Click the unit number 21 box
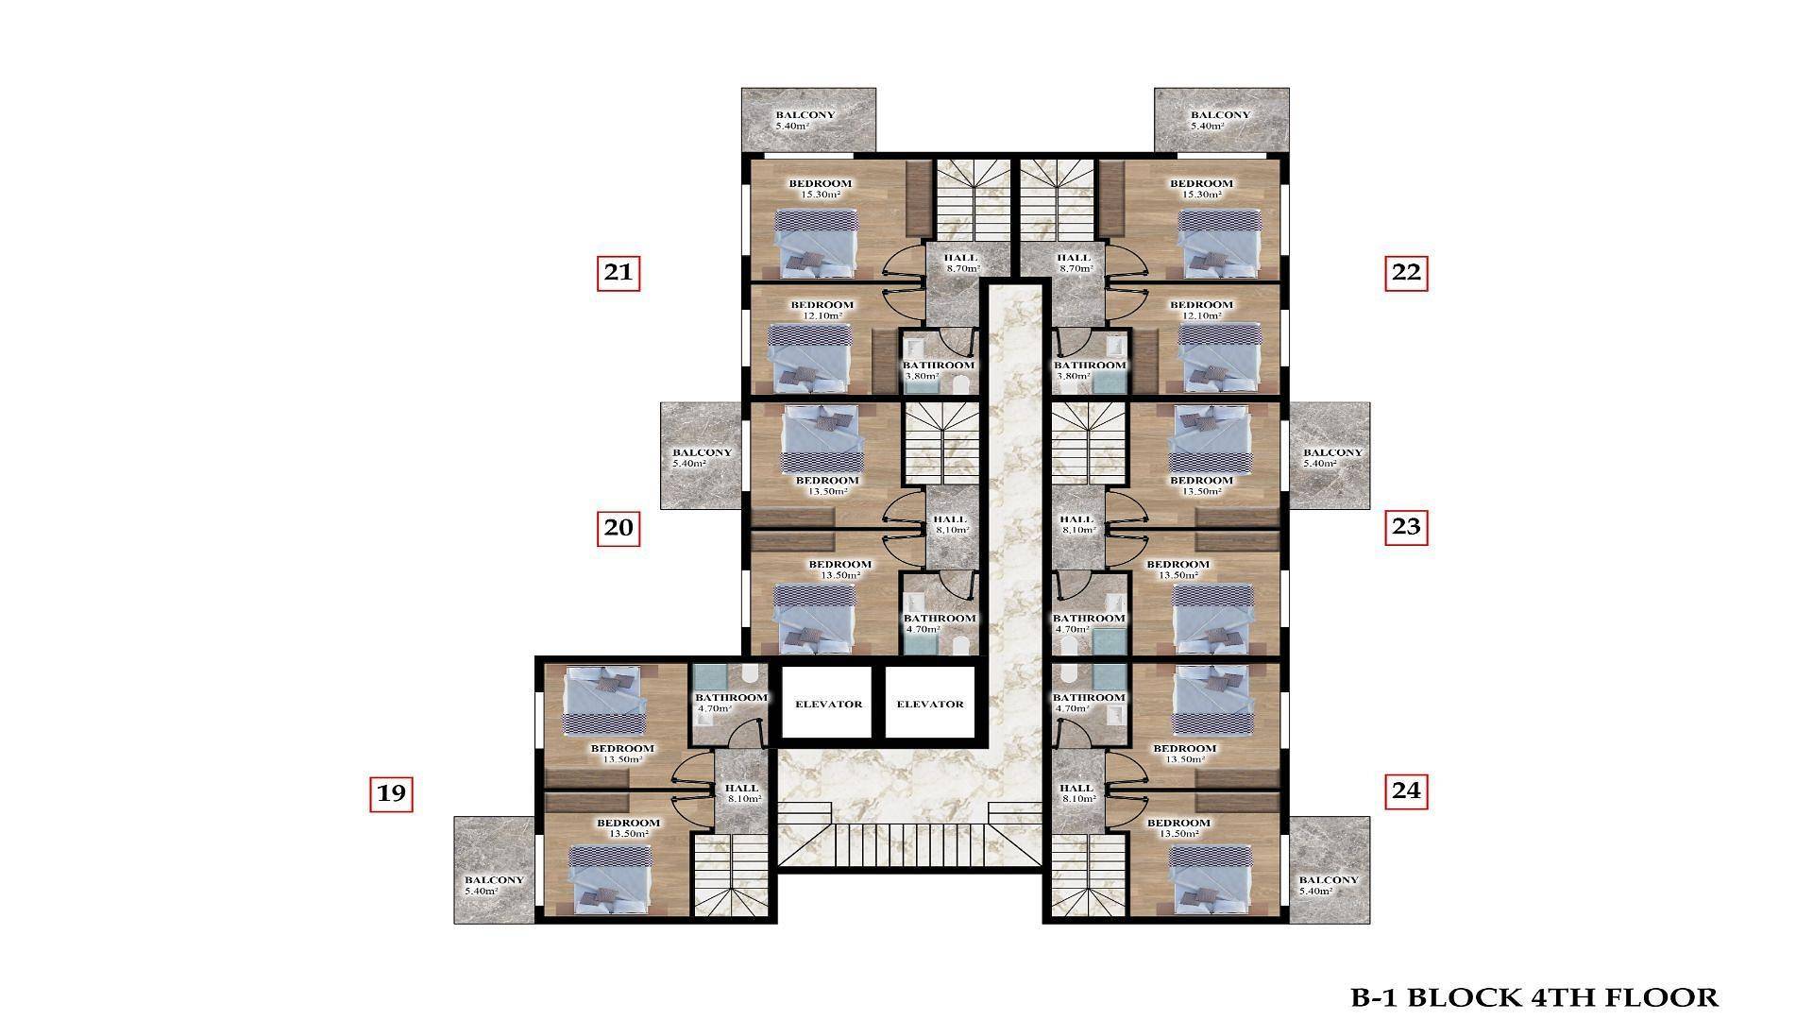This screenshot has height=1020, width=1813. (x=618, y=273)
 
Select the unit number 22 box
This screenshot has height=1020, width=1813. (x=1406, y=273)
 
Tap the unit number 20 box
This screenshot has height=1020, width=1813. (x=618, y=527)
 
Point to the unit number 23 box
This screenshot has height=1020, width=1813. (x=1406, y=527)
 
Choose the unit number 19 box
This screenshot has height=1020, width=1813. (x=391, y=793)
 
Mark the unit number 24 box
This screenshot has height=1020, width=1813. (x=1406, y=790)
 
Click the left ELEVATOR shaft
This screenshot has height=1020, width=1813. (x=828, y=703)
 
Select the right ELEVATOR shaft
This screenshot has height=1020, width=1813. (x=929, y=703)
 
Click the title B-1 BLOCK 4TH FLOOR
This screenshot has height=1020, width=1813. (x=1533, y=996)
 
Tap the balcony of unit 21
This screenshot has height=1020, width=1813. (x=808, y=120)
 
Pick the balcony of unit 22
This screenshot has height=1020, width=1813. (x=1221, y=120)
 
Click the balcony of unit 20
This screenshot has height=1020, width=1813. (x=701, y=456)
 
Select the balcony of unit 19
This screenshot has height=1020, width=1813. (x=495, y=870)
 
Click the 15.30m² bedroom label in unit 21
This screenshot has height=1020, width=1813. (x=820, y=189)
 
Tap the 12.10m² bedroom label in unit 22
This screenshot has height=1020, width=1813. (x=1201, y=310)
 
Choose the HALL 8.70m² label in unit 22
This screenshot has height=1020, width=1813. (x=1074, y=263)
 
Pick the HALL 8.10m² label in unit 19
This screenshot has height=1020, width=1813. (x=742, y=793)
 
